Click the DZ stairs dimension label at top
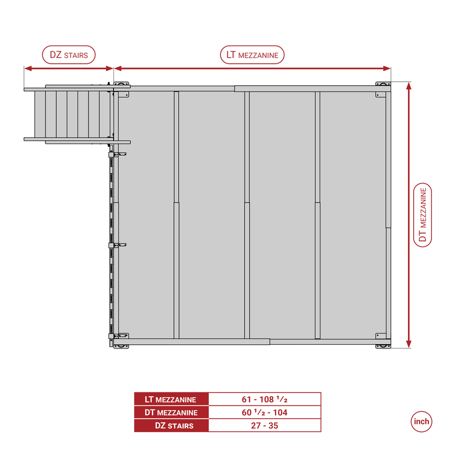[69, 55]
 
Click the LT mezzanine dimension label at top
[252, 55]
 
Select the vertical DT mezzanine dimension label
[423, 215]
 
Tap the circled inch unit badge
[421, 421]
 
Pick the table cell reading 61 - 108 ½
[264, 399]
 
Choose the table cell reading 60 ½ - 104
[264, 412]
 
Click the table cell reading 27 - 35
[264, 426]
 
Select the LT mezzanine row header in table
[171, 399]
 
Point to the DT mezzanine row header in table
[171, 412]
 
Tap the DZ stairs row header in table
[171, 426]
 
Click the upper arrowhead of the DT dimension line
[409, 86]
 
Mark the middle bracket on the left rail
[116, 245]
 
